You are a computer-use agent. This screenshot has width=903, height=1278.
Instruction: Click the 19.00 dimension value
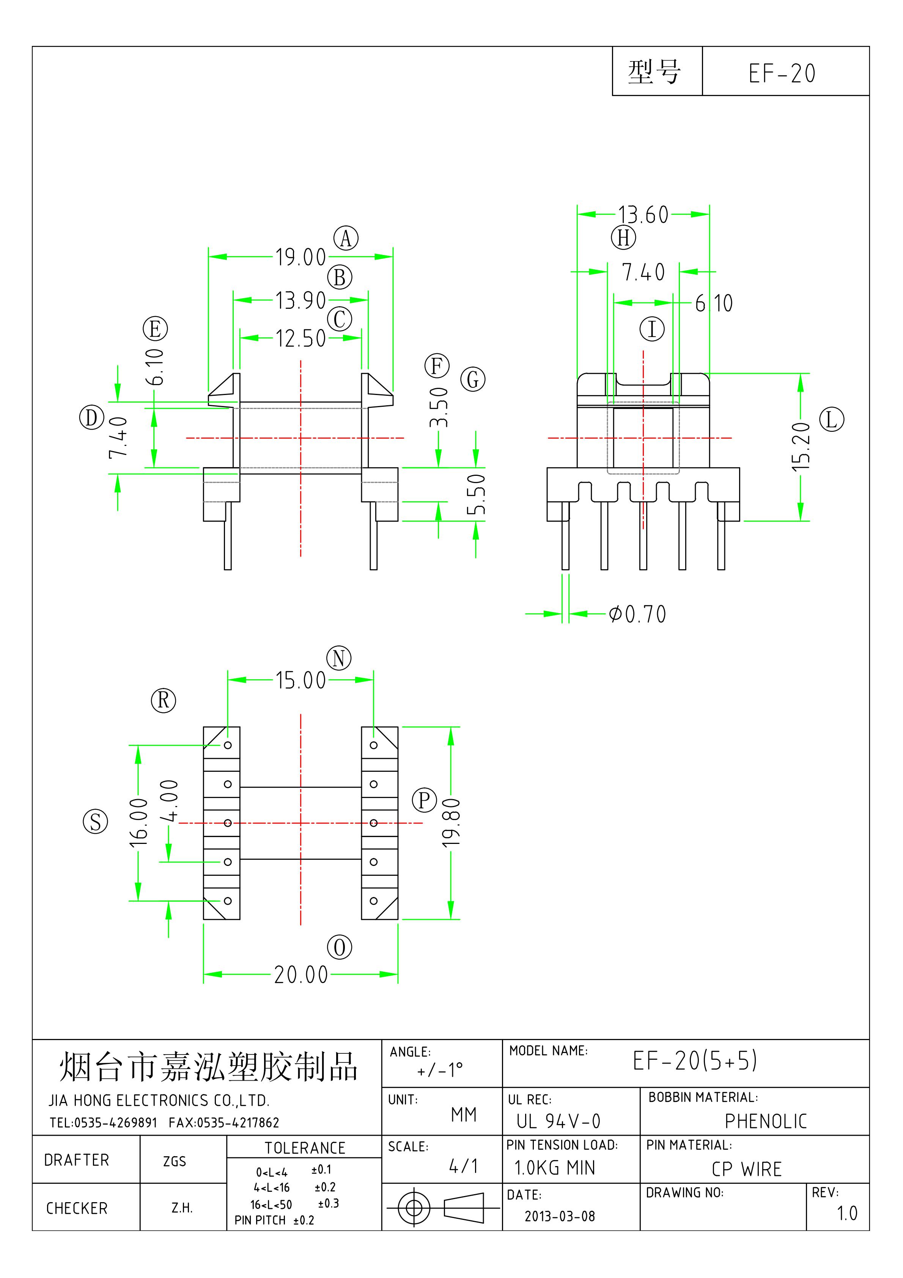click(x=300, y=257)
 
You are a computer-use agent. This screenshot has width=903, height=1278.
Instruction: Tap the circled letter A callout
click(x=346, y=238)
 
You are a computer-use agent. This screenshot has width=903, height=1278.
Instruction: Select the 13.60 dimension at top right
click(x=643, y=215)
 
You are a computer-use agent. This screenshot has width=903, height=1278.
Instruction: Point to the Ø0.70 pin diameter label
click(x=637, y=614)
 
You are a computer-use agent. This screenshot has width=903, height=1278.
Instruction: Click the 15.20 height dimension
click(x=801, y=447)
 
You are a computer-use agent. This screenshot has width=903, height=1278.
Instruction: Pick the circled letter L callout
click(x=832, y=419)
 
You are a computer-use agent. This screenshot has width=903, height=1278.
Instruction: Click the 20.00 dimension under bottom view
click(x=300, y=975)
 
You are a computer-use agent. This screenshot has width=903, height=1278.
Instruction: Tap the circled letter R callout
click(x=163, y=700)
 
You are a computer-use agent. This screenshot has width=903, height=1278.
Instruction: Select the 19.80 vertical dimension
click(x=451, y=823)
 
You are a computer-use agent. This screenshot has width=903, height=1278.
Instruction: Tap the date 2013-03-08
click(x=560, y=1216)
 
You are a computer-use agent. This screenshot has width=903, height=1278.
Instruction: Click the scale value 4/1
click(x=464, y=1166)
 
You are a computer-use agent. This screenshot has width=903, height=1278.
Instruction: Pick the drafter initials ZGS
click(x=174, y=1161)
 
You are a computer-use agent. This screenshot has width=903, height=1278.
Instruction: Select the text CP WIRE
click(x=747, y=1169)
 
